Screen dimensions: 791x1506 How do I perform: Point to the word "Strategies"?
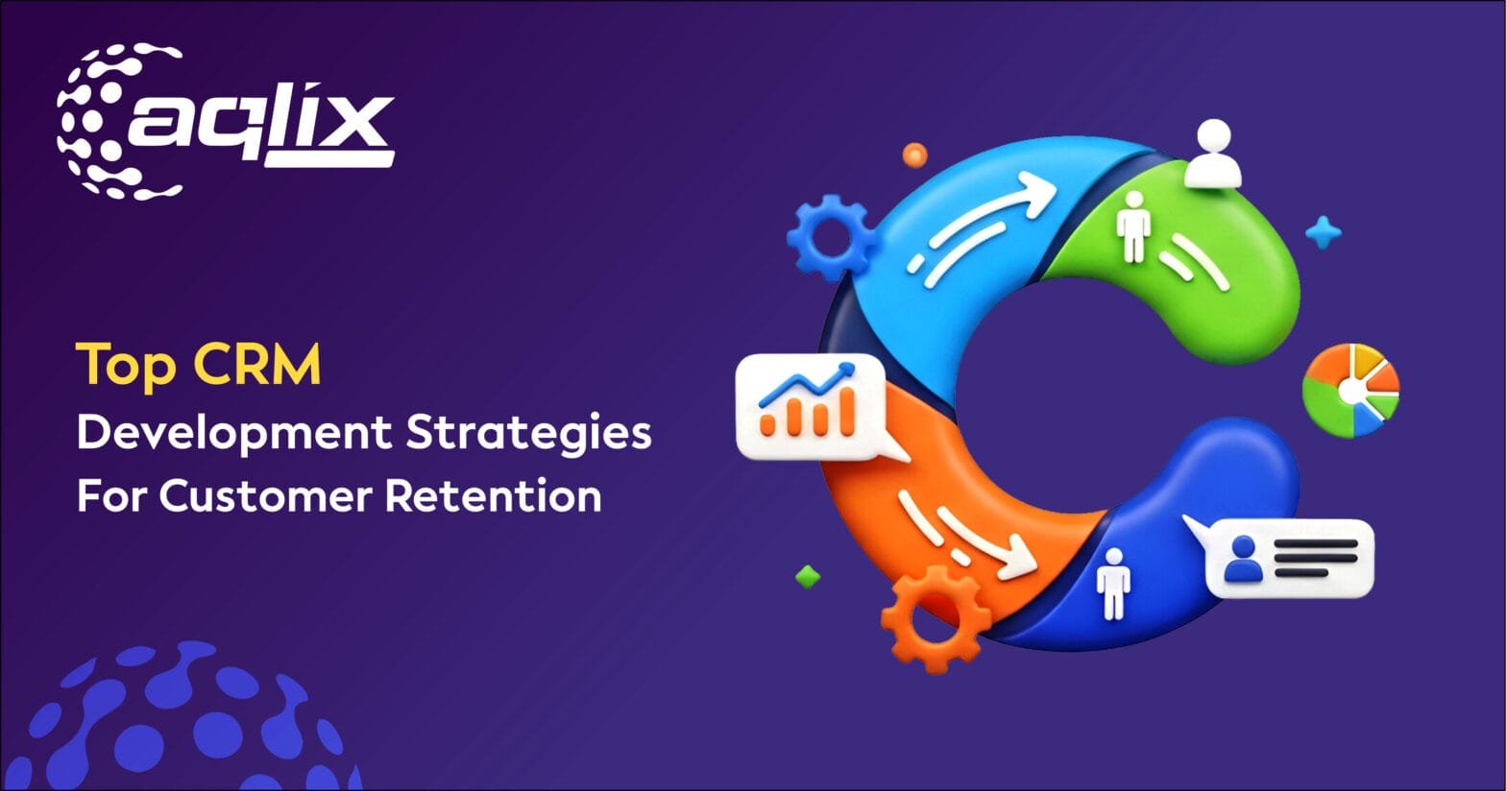click(x=527, y=433)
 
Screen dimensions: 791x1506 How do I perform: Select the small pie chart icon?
click(x=1351, y=392)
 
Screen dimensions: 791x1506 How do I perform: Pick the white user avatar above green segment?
click(x=1213, y=155)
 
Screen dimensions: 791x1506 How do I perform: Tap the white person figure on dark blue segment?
click(x=1112, y=582)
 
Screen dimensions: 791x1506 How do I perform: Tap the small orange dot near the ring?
click(x=915, y=154)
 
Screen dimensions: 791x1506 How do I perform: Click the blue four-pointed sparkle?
click(x=1324, y=232)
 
